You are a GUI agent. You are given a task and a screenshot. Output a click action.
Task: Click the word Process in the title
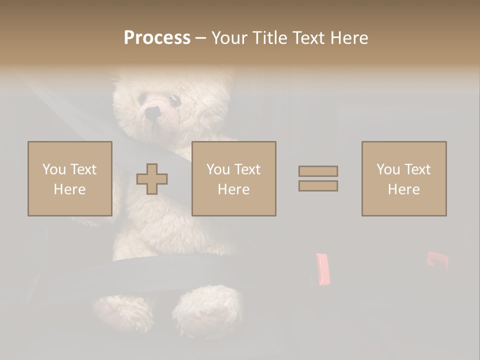click(157, 38)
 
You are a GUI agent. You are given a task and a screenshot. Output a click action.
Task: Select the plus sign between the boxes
click(152, 179)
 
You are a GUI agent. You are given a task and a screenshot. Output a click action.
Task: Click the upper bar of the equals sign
click(318, 171)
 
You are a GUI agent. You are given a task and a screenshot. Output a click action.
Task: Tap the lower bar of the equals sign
click(318, 186)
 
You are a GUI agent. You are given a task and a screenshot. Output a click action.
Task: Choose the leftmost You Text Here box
click(69, 178)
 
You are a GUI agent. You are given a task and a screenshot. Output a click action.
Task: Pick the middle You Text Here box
click(233, 178)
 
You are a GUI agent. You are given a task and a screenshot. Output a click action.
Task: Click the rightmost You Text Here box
click(403, 178)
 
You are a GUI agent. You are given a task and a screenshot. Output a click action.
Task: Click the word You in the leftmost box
click(53, 169)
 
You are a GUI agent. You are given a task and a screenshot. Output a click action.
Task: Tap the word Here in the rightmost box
click(403, 189)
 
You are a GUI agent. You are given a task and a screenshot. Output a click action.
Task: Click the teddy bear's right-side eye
click(175, 100)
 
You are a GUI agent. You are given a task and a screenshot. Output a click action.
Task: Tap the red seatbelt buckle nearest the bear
click(323, 269)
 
